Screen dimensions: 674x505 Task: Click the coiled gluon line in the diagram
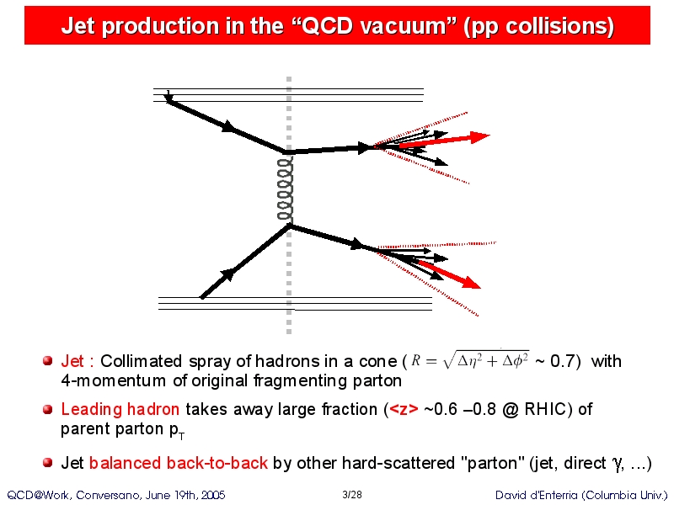(x=286, y=189)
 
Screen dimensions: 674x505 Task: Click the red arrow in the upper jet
(x=445, y=141)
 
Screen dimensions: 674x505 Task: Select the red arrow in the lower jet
(x=450, y=275)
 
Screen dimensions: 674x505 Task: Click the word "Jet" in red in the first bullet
(x=72, y=361)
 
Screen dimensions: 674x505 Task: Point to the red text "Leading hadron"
(x=120, y=409)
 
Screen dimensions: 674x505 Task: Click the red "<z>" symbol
(x=404, y=409)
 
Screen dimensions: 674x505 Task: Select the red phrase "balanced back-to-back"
(x=179, y=463)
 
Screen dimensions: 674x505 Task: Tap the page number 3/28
(x=352, y=495)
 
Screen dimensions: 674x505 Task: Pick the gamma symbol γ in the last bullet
(x=617, y=464)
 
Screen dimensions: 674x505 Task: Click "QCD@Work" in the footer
(x=39, y=495)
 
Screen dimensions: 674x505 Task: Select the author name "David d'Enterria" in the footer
(x=537, y=495)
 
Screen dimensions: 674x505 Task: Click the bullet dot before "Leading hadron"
(x=48, y=409)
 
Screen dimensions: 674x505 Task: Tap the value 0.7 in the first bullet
(x=562, y=361)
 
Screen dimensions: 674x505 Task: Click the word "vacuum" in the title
(x=404, y=26)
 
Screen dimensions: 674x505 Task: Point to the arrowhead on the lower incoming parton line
(x=227, y=274)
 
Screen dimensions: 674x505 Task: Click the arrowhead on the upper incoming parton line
(x=228, y=126)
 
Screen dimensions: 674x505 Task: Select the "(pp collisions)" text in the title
(x=538, y=26)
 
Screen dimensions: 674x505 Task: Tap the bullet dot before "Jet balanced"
(x=48, y=462)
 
